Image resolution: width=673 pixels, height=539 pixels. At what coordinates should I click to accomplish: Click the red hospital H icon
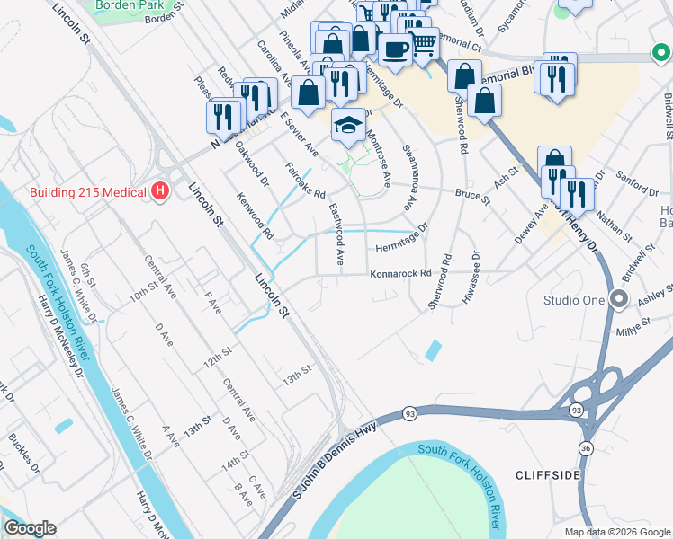pos(160,190)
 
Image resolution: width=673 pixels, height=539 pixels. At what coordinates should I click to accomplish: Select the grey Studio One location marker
pos(618,299)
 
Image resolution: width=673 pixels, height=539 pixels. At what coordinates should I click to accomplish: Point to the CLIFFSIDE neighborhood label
pos(548,473)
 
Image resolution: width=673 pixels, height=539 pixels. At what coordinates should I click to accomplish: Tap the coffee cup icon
pos(395,49)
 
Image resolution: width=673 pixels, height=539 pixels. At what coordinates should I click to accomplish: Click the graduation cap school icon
pos(348,125)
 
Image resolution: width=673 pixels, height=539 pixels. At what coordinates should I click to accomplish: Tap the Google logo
pos(30,527)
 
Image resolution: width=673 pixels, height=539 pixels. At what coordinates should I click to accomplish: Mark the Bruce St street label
pos(471,194)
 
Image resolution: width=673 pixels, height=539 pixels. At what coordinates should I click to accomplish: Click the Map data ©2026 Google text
pos(617,531)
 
